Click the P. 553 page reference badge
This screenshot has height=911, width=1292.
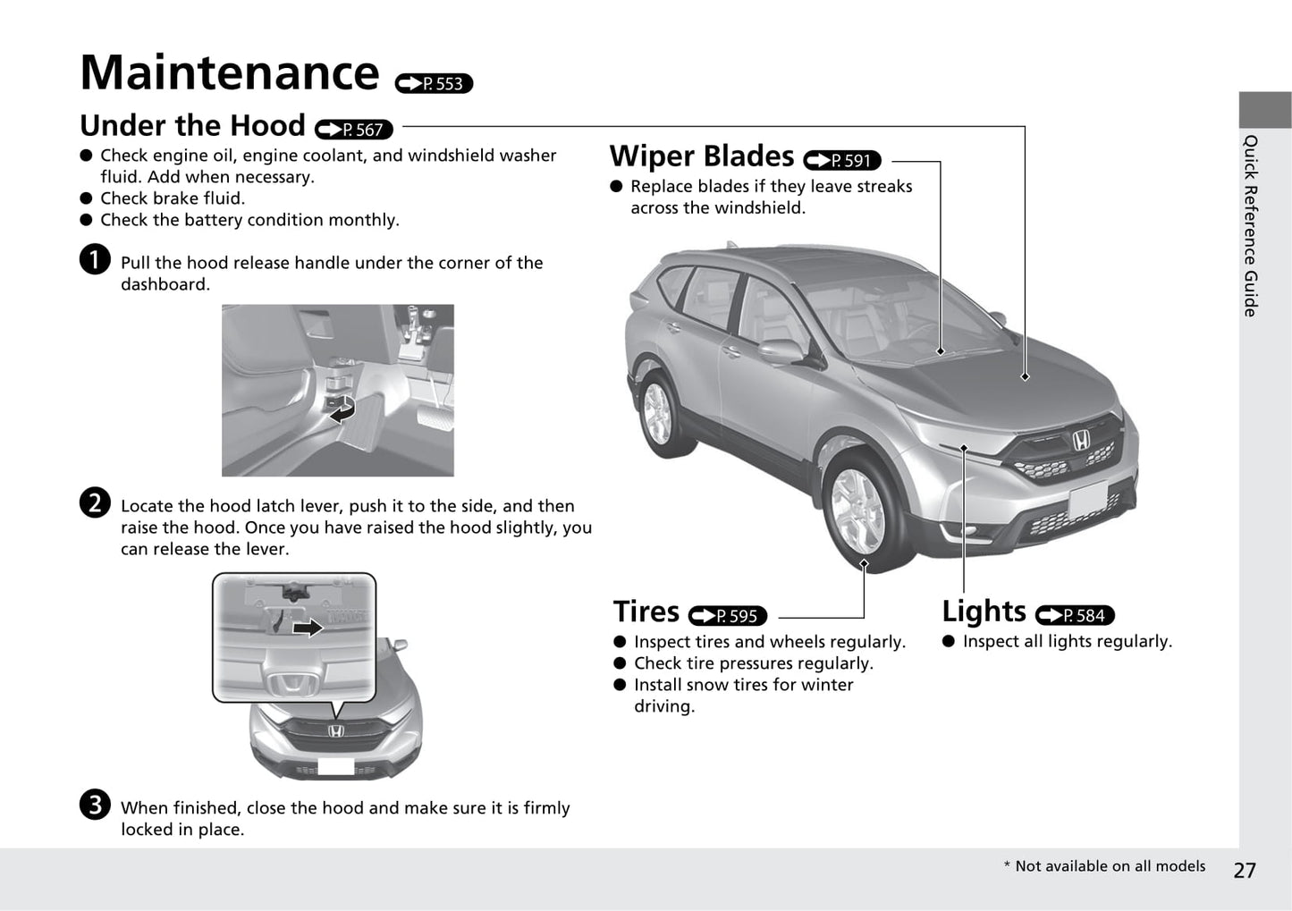point(434,83)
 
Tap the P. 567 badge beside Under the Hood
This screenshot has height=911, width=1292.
point(354,130)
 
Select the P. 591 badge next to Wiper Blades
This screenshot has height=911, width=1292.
point(842,160)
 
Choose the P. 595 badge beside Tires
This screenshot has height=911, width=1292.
point(728,616)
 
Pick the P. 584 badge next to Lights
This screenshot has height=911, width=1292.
point(1075,615)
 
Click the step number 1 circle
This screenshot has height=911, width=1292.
point(95,260)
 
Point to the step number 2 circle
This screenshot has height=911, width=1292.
point(95,503)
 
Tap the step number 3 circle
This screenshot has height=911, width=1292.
point(95,805)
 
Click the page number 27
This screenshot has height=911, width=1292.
point(1245,870)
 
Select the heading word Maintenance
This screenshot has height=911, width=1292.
point(230,72)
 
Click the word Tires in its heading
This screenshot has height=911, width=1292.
point(646,612)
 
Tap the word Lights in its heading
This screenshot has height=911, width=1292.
point(984,612)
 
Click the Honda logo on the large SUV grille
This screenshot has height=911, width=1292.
point(1081,440)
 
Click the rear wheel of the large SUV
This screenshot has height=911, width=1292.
point(657,412)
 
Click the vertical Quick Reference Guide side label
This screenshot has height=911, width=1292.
point(1250,225)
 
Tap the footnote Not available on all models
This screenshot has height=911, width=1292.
point(1104,865)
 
